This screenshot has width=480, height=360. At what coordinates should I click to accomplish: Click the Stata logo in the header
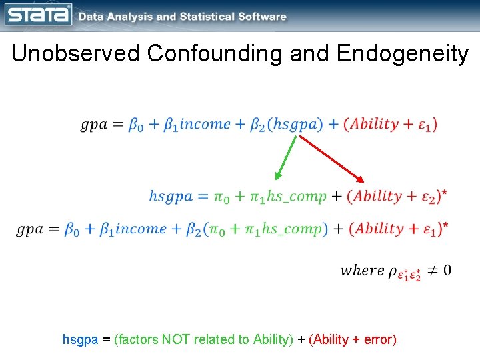pos(38,15)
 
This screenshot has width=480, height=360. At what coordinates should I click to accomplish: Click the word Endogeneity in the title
pos(403,53)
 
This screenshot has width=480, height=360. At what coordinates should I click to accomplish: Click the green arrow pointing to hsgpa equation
pos(287,157)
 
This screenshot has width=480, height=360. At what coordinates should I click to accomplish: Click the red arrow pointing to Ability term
pos(331,159)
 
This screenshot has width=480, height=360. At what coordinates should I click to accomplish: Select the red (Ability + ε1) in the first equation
pos(391,124)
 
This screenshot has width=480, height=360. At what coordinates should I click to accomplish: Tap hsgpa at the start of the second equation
pos(170,196)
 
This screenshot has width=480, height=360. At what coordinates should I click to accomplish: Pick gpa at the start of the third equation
pos(30,229)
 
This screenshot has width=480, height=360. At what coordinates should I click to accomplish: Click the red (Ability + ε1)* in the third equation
pos(397,229)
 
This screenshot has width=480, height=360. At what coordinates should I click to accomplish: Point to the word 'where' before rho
pos(362,270)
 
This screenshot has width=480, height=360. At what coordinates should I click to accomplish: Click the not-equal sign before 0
pos(430,270)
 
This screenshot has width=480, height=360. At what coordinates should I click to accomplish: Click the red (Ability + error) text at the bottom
pos(353,339)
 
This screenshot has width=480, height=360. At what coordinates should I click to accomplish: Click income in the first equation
pos(205,124)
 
